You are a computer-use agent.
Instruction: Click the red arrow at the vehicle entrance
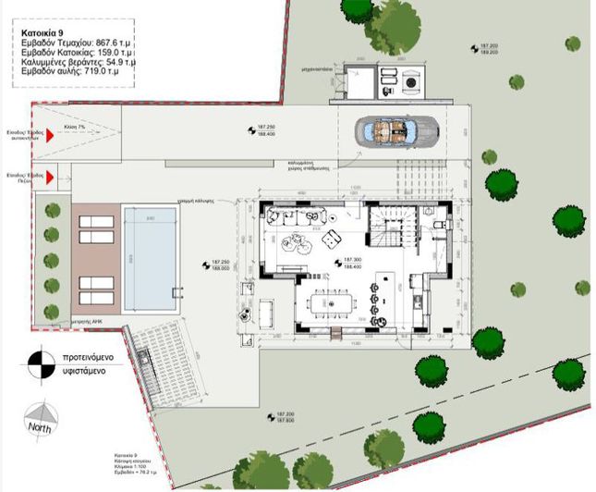(x=51, y=133)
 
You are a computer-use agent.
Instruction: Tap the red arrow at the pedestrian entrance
(x=52, y=174)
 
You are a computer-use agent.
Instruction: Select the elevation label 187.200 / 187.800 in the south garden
(x=275, y=417)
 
